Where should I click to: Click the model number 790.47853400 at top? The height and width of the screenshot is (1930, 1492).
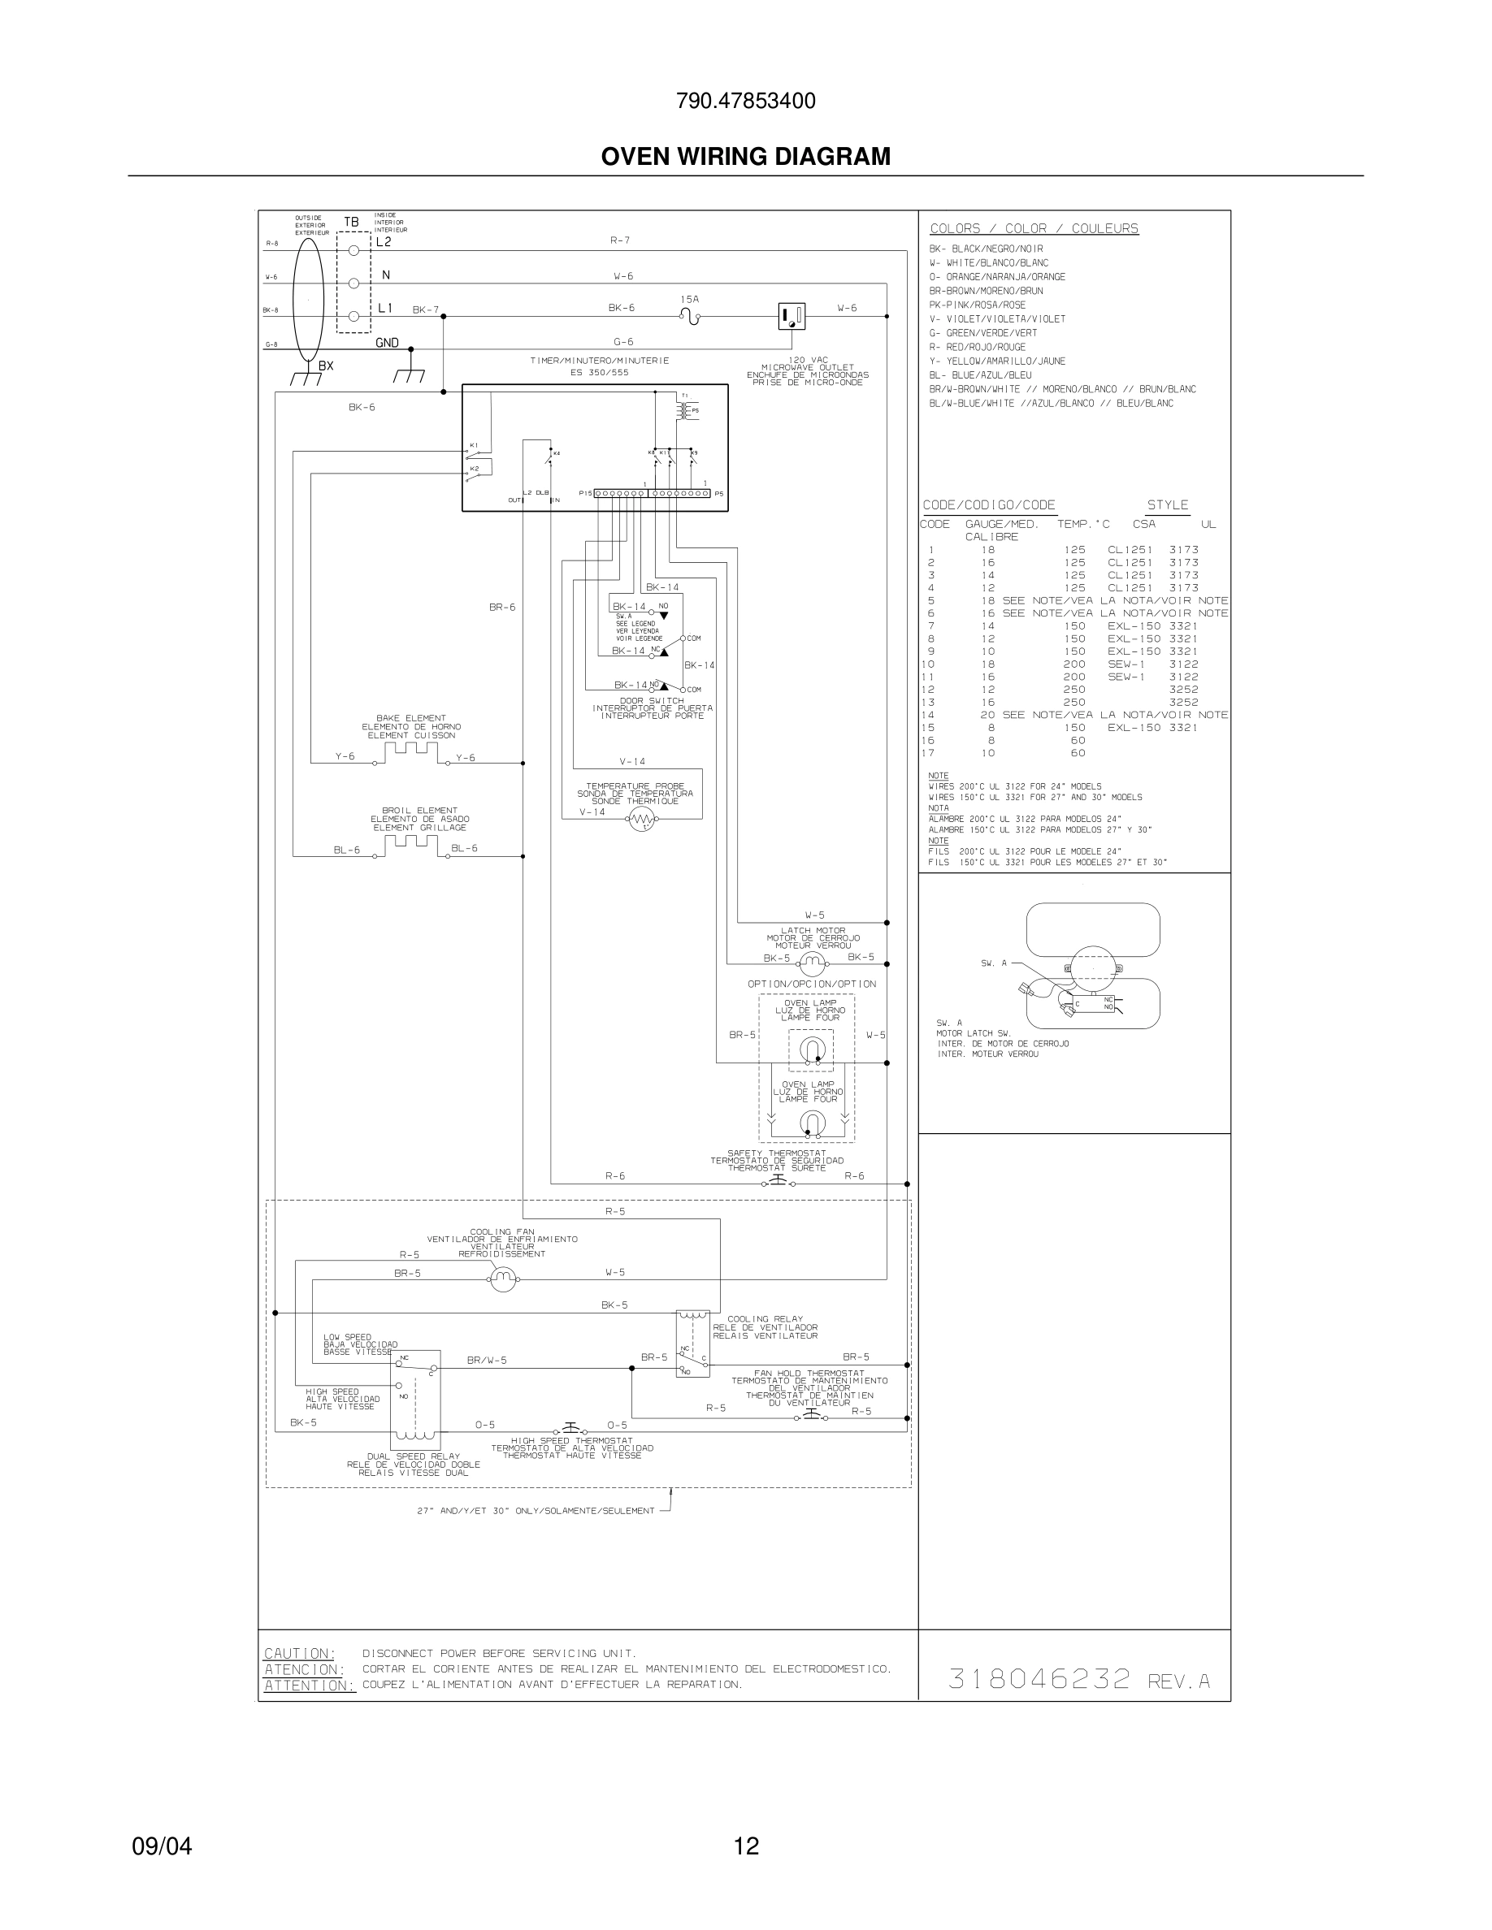click(x=745, y=102)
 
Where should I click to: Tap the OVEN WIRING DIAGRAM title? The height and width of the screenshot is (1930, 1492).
click(x=745, y=157)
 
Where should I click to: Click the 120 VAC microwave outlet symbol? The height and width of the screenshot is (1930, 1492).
click(x=791, y=315)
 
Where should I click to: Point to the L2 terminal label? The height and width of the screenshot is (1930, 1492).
click(x=384, y=242)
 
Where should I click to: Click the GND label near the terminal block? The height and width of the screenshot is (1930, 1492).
click(x=387, y=343)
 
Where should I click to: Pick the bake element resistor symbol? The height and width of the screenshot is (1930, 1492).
click(x=411, y=752)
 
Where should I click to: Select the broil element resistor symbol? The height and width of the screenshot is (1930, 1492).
click(x=411, y=845)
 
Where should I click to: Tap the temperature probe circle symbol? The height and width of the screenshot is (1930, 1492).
click(x=642, y=820)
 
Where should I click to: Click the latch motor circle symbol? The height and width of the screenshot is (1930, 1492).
click(x=811, y=963)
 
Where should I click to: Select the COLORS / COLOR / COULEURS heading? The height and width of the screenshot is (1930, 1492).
click(x=1034, y=229)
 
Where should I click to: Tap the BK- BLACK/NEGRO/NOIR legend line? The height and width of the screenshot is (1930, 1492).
click(x=986, y=249)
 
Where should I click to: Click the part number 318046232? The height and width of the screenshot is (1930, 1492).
click(x=1039, y=1679)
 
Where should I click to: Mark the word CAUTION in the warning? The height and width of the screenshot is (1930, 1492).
click(x=300, y=1653)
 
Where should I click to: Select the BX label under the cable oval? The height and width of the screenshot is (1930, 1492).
click(x=326, y=366)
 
